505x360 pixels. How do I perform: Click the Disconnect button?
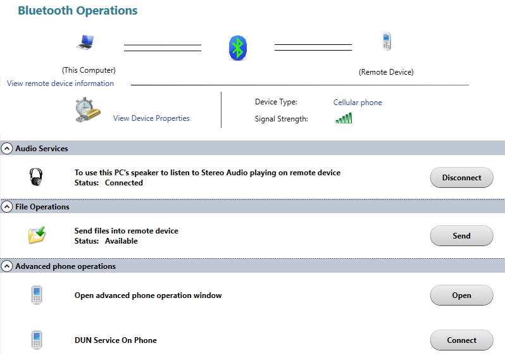(x=461, y=178)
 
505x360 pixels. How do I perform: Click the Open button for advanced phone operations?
(x=461, y=295)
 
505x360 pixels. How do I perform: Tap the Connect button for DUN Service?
(x=461, y=340)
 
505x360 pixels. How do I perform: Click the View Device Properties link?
(x=151, y=118)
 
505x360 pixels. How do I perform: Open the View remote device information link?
(x=61, y=84)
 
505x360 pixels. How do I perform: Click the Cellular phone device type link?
(x=358, y=102)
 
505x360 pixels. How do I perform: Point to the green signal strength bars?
(x=344, y=118)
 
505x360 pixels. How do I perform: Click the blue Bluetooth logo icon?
(x=237, y=47)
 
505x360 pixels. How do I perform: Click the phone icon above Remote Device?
(x=386, y=42)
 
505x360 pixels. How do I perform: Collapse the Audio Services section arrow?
(x=7, y=149)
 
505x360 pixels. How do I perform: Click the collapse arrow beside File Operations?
(x=7, y=207)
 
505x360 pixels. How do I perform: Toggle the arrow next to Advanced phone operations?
(x=7, y=266)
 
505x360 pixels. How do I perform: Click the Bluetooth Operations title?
(x=77, y=11)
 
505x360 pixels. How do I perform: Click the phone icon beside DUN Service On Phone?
(x=37, y=340)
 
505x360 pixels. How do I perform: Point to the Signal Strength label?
(x=281, y=119)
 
